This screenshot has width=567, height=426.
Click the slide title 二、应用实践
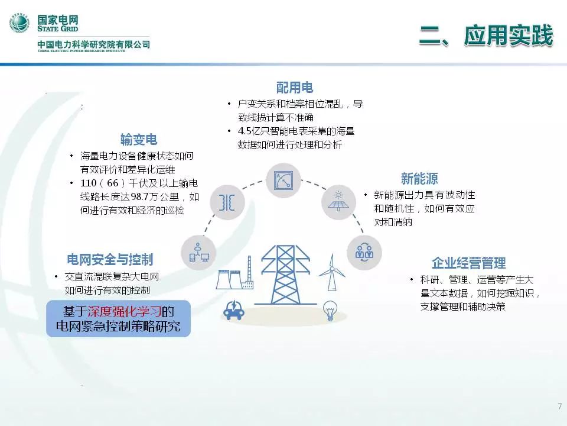pyautogui.click(x=485, y=35)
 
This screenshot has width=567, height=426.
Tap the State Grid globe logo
pyautogui.click(x=19, y=22)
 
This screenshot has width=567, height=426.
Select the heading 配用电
pyautogui.click(x=294, y=88)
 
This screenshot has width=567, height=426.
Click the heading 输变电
pyautogui.click(x=139, y=140)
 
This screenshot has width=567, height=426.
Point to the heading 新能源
pyautogui.click(x=419, y=179)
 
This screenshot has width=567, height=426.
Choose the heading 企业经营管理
pyautogui.click(x=468, y=263)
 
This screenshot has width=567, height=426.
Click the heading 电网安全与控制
pyautogui.click(x=110, y=259)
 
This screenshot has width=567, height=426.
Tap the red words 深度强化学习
pyautogui.click(x=124, y=312)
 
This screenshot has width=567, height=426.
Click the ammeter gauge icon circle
pyautogui.click(x=283, y=180)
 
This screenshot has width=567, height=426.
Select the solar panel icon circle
pyautogui.click(x=338, y=202)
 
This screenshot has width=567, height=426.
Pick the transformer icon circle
pyautogui.click(x=227, y=202)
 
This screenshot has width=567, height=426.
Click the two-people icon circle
pyautogui.click(x=364, y=252)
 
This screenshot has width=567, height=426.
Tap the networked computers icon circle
pyautogui.click(x=198, y=253)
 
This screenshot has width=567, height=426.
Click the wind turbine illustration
pyautogui.click(x=331, y=272)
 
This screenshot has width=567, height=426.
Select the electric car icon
pyautogui.click(x=234, y=310)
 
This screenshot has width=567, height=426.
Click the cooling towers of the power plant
pyautogui.click(x=229, y=279)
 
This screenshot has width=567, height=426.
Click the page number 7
pyautogui.click(x=560, y=406)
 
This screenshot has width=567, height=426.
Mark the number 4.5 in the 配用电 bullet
pyautogui.click(x=244, y=131)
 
